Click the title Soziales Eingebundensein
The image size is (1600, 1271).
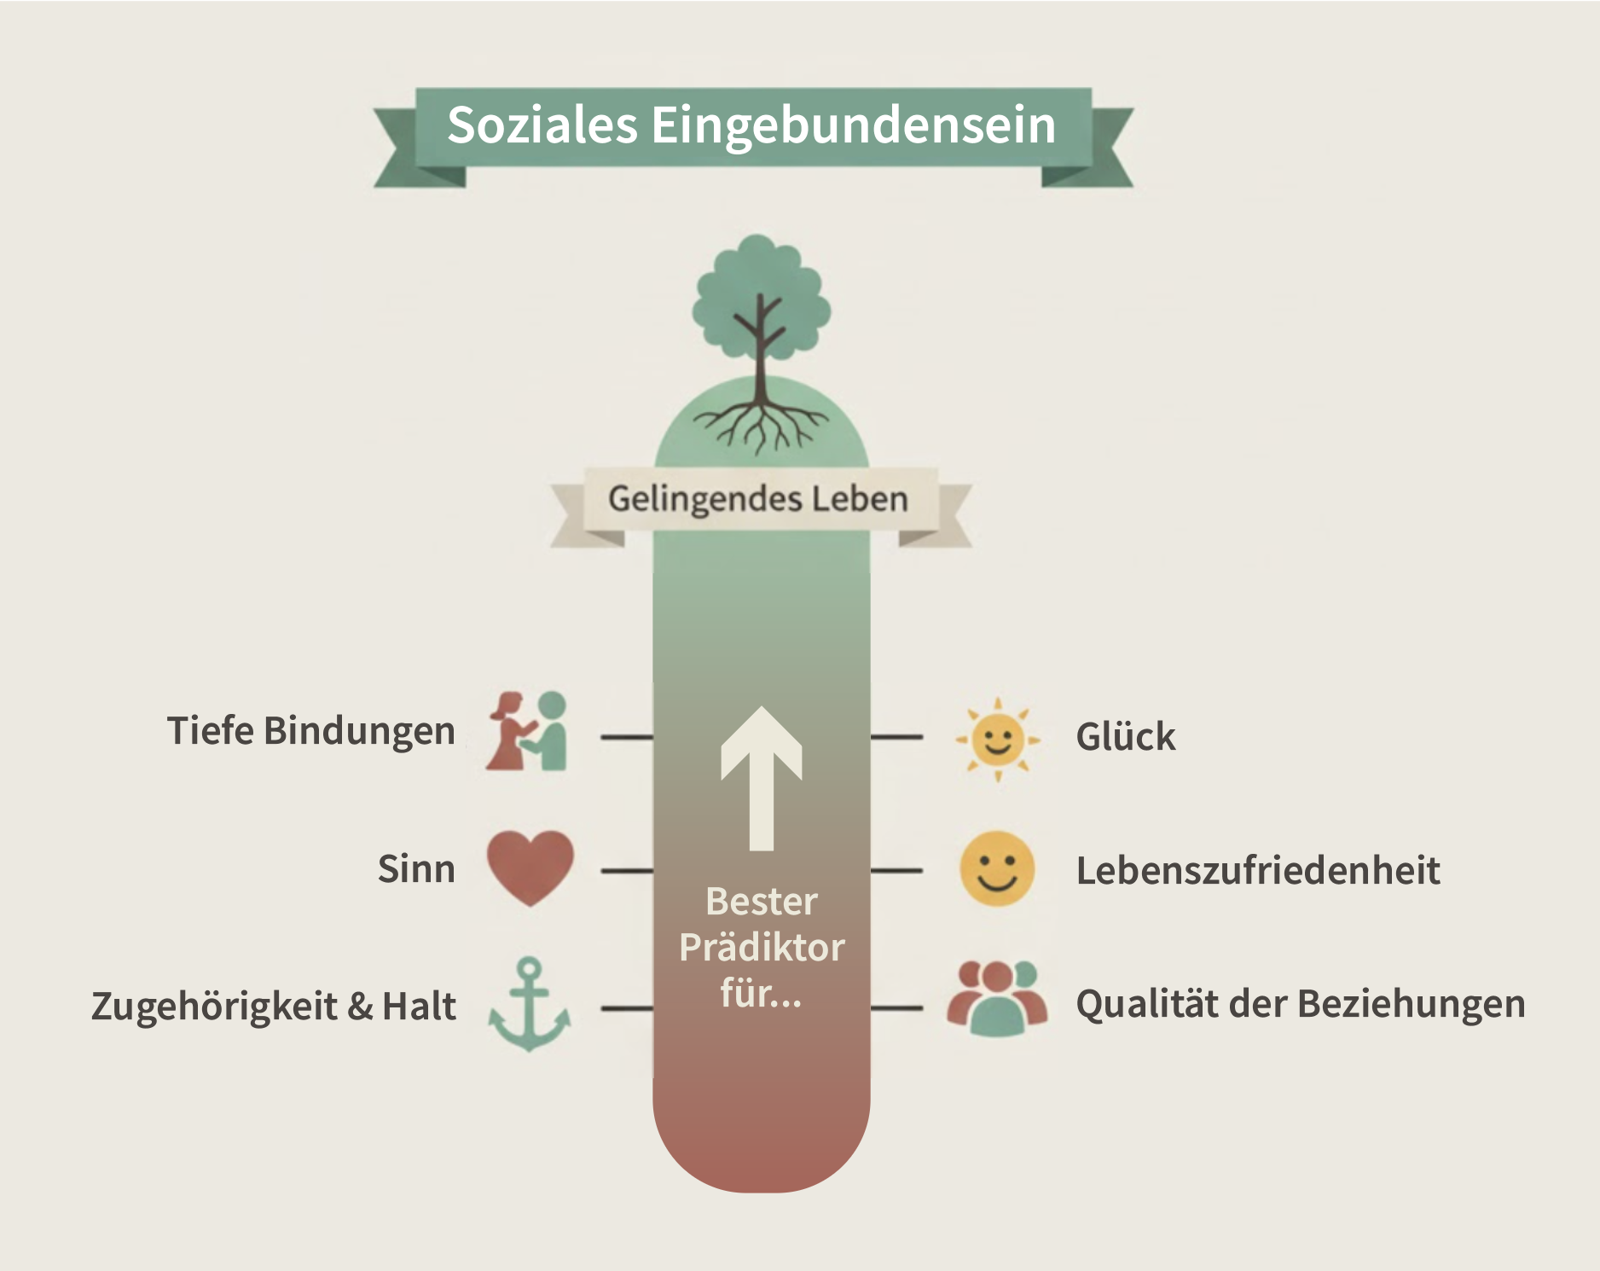click(751, 125)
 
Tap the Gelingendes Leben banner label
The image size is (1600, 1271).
click(757, 498)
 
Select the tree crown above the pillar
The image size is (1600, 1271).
click(761, 294)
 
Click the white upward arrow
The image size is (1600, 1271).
click(761, 776)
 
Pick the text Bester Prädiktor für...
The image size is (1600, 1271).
click(761, 947)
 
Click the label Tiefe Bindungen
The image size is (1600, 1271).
click(310, 731)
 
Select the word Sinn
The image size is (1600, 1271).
click(416, 869)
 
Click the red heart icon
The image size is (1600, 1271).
click(530, 867)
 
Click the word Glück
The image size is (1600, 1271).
click(1125, 736)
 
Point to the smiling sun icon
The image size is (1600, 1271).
click(997, 739)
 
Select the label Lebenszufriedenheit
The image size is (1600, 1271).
click(1257, 871)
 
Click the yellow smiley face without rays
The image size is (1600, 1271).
click(996, 868)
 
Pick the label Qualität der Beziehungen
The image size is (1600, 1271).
click(1300, 1004)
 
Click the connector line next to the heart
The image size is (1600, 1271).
click(627, 871)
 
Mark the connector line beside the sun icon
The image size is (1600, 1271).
click(896, 736)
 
